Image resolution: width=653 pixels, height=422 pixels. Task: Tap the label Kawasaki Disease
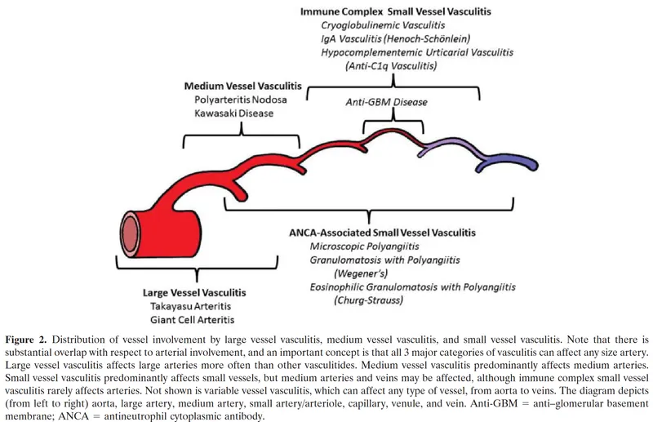[x=233, y=113]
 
